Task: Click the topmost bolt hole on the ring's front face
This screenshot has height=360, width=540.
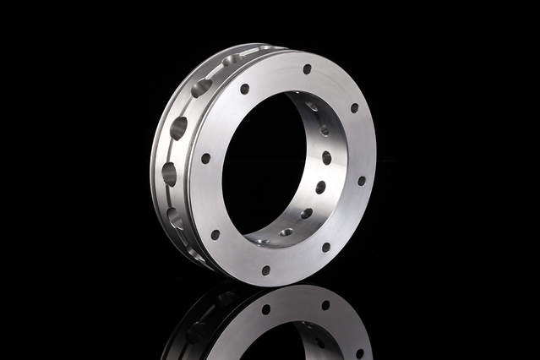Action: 307,68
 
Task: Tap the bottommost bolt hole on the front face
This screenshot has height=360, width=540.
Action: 265,271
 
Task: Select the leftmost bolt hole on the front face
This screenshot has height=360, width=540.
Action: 205,158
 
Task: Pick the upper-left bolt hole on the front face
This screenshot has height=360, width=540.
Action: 244,88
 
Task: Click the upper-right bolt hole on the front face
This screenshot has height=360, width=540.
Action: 354,108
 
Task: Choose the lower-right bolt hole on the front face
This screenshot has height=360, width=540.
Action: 325,248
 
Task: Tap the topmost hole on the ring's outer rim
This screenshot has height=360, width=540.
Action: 229,60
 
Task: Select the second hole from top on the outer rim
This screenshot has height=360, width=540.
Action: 201,86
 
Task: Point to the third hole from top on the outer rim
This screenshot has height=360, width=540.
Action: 179,128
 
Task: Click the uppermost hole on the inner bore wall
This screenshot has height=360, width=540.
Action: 312,106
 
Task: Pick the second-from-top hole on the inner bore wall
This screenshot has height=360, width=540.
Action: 324,130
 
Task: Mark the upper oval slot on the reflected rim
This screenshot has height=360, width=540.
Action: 226,297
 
